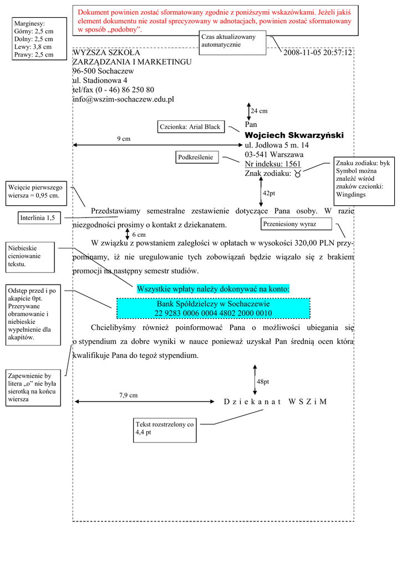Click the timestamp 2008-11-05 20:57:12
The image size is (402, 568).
(x=318, y=53)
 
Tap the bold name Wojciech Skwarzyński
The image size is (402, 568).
(x=294, y=135)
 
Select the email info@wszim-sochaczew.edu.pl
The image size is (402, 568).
(x=123, y=99)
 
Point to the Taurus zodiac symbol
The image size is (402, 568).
(x=298, y=174)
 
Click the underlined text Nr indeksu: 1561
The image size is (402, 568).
(x=272, y=164)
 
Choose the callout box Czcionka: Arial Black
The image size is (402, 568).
(x=190, y=127)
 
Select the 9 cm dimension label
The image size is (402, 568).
(x=124, y=139)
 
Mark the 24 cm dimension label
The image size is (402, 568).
(x=259, y=111)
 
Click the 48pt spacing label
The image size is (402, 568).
(x=263, y=382)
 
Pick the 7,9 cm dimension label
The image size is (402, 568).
(x=128, y=395)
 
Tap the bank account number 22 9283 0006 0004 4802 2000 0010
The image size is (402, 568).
(x=213, y=313)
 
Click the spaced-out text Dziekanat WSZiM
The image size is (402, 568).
(x=275, y=402)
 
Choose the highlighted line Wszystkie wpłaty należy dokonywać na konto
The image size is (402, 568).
(x=213, y=289)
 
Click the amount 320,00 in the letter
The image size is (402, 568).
(x=294, y=243)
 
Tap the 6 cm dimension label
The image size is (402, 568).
(x=139, y=235)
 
